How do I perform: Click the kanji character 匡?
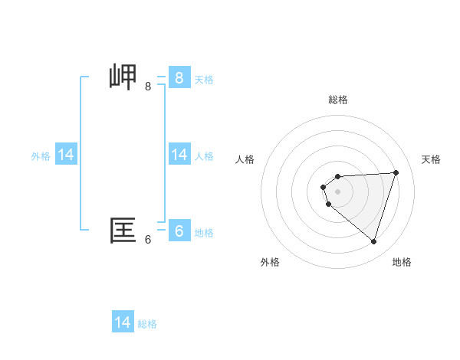coord(123,231)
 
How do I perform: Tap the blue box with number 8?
coord(179,77)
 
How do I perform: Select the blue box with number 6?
coord(179,231)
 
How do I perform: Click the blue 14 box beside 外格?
coord(66,155)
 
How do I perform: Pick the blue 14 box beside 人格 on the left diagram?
coord(179,155)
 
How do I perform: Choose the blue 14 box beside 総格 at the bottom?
coord(123,322)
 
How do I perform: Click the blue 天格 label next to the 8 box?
coord(204,79)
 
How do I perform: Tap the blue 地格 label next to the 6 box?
coord(204,233)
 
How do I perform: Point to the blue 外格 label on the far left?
coord(41,156)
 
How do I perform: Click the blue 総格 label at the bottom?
coord(147,324)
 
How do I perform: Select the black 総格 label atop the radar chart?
coord(338,100)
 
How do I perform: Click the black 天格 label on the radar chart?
coord(432,159)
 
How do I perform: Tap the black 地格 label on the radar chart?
coord(402,262)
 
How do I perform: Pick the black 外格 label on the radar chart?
coord(270,262)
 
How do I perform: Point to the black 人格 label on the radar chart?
coord(245,159)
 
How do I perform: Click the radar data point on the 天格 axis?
coord(396,172)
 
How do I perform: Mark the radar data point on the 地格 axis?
coord(373,241)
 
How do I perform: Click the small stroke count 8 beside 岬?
coord(148,87)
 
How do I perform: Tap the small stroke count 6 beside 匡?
coord(148,240)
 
